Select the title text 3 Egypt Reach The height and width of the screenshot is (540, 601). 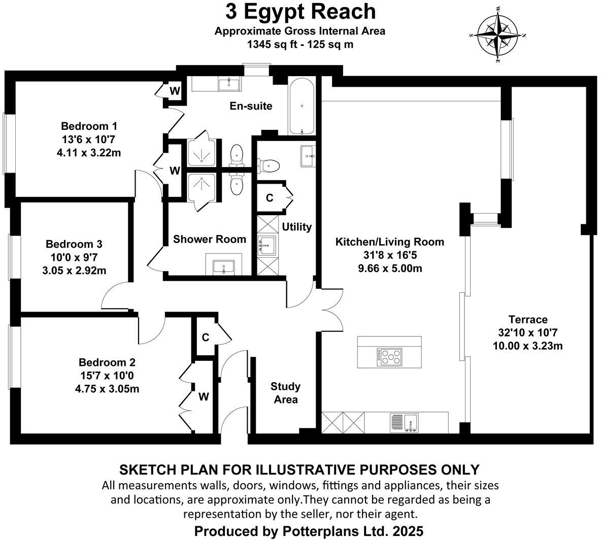pos(300,11)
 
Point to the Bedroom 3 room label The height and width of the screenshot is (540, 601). pos(74,244)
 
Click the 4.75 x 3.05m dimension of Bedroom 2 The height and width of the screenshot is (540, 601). pos(107,389)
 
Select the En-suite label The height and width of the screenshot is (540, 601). pos(251,106)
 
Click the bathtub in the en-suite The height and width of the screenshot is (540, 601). pos(302,106)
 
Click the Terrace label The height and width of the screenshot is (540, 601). pos(528,319)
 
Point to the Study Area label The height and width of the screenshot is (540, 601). pos(286,393)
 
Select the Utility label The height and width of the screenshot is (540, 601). pos(296,227)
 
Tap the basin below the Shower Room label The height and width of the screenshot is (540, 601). pos(223,266)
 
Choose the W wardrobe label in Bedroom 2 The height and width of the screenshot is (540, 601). pos(203,396)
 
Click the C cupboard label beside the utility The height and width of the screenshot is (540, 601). pos(270,197)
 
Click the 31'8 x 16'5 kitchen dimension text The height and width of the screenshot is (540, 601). pos(389,255)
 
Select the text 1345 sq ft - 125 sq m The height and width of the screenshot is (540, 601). pos(300,44)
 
